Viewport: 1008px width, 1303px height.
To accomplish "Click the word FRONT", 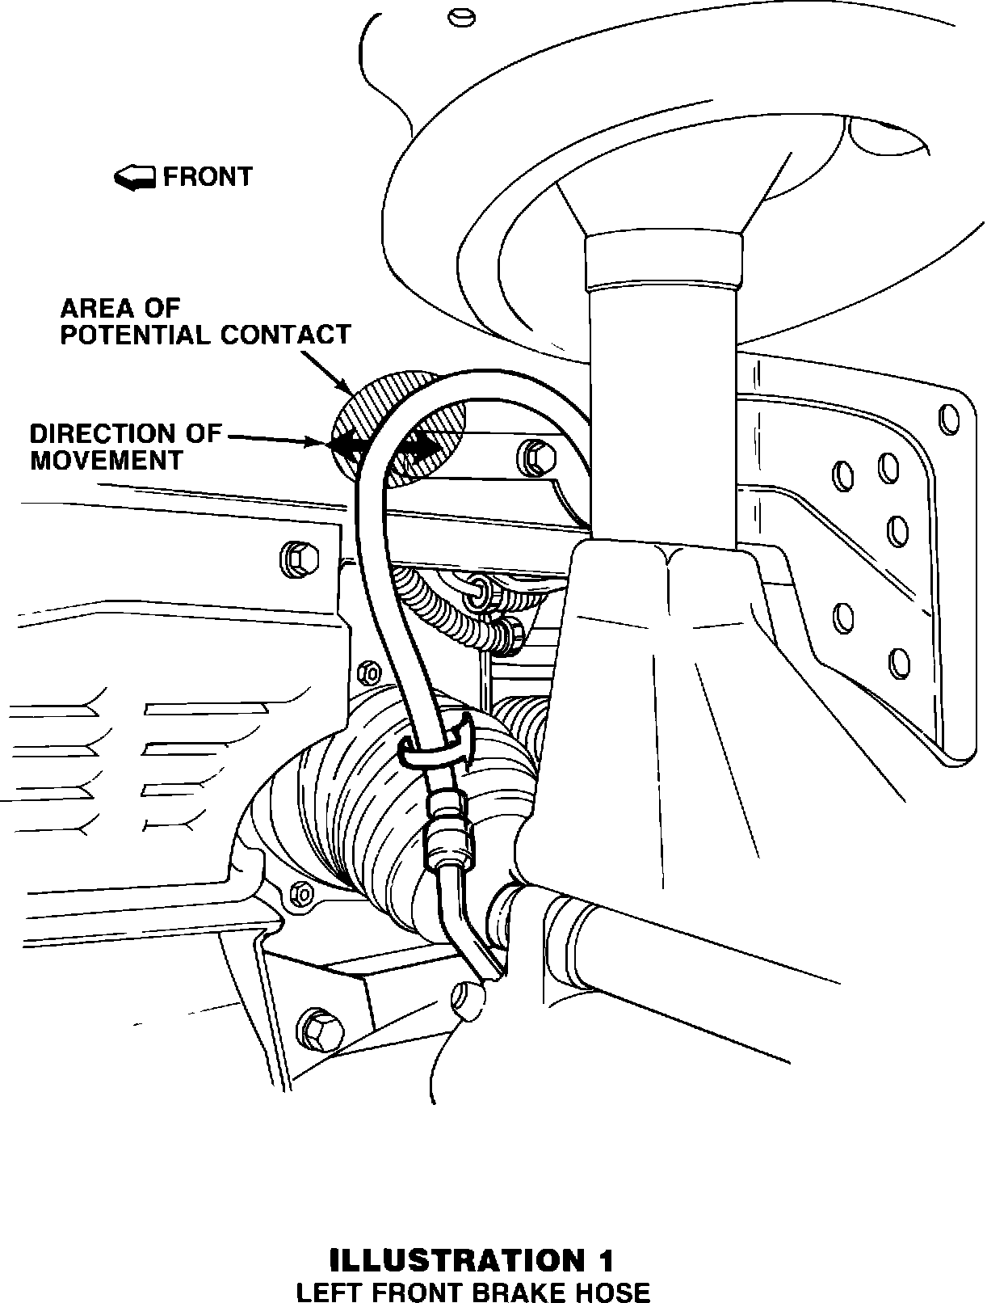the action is tap(208, 176).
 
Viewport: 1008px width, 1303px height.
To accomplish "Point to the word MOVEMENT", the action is tap(107, 460).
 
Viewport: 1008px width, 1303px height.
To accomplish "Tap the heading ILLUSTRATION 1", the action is tap(472, 1260).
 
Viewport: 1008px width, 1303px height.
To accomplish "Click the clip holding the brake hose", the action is tap(438, 741).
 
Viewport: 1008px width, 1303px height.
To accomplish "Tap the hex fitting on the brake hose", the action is tap(447, 841).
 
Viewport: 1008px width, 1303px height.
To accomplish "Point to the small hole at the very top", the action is tap(462, 15).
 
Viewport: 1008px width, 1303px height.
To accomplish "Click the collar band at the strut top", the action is tap(662, 262).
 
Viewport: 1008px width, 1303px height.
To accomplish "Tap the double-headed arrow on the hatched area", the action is tap(385, 444).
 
